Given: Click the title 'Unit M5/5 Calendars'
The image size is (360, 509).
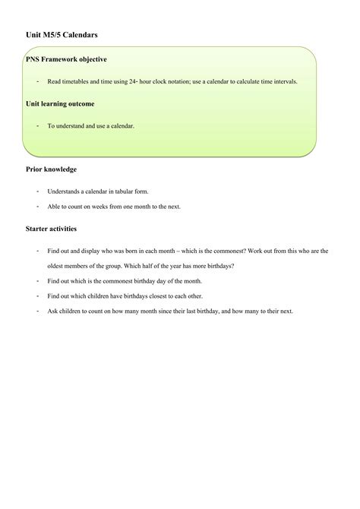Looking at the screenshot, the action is (x=61, y=35).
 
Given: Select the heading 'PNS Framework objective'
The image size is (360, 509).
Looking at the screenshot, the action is (x=66, y=59).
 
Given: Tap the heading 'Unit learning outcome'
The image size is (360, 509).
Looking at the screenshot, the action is (x=60, y=103).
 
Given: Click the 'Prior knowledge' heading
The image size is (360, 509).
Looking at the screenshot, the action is (x=51, y=169).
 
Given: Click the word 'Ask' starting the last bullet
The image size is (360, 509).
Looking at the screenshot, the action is (x=52, y=311).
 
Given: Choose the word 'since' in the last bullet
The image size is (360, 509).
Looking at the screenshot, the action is (x=162, y=311).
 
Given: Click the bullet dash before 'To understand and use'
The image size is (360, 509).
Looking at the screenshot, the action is (x=36, y=125).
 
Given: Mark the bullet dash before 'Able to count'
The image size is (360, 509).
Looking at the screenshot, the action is (x=36, y=206).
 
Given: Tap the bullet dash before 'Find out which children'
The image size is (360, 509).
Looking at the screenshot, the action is (x=36, y=296).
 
